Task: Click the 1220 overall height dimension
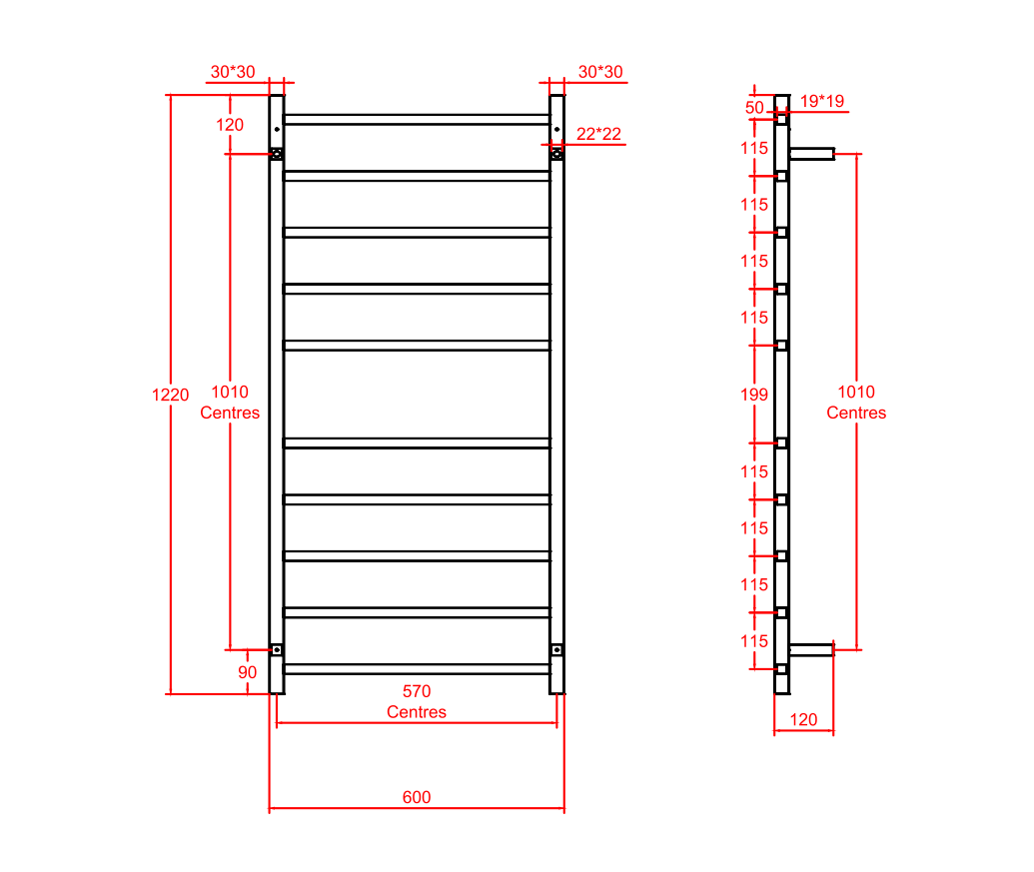point(170,395)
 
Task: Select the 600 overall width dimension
point(417,797)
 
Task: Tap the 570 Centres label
point(417,701)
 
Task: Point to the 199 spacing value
point(755,395)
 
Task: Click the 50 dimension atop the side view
point(754,108)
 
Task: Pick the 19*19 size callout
point(822,101)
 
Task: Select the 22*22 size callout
point(599,134)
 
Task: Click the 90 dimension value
point(247,672)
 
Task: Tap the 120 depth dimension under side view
point(803,719)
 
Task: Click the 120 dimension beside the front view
point(230,125)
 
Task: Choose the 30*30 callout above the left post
point(232,72)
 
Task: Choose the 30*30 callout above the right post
point(599,72)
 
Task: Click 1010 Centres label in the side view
point(856,403)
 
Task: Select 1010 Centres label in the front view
point(230,403)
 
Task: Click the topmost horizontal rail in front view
point(417,119)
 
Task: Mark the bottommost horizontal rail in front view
point(417,669)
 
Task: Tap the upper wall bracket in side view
point(811,154)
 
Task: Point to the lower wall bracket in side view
point(810,649)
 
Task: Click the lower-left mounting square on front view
point(277,649)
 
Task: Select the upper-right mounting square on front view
point(556,154)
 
